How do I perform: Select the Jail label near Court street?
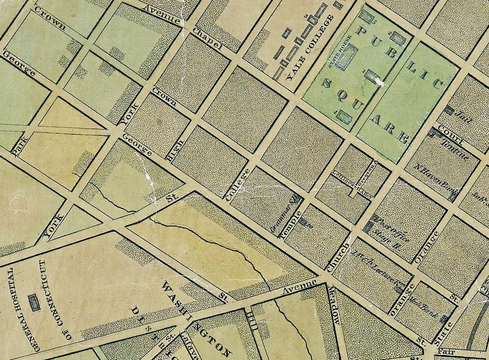point(463,117)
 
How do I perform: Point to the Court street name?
point(450,135)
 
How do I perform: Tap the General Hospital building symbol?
point(34,303)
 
